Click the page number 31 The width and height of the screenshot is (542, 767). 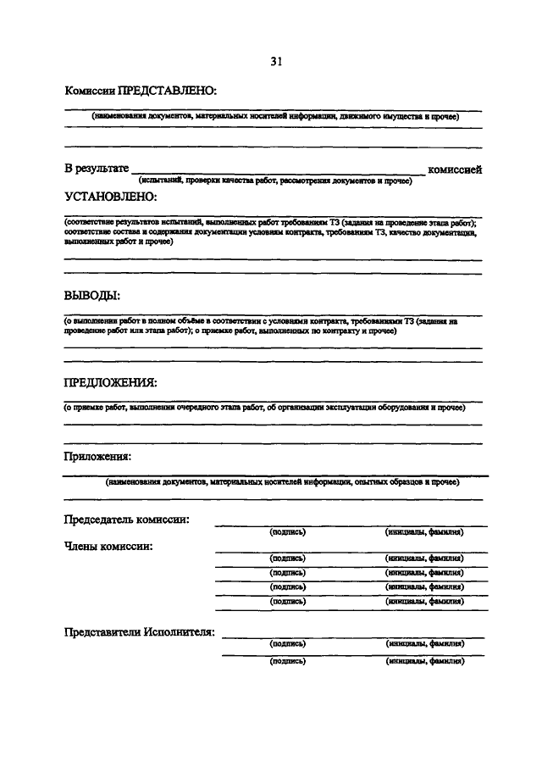276,61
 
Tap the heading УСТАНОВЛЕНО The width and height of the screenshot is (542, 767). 111,197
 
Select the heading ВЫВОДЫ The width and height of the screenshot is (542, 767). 92,296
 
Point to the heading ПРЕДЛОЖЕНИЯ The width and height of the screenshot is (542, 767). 110,382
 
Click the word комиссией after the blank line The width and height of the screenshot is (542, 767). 455,170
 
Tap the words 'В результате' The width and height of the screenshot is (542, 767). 97,170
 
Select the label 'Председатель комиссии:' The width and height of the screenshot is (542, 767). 126,519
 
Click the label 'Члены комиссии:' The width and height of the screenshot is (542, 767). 108,547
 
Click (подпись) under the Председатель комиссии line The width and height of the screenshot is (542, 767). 287,532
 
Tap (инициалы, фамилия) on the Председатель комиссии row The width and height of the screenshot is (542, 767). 423,532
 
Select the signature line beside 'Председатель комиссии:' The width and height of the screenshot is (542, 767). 339,525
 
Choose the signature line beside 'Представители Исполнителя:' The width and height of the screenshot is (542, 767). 352,637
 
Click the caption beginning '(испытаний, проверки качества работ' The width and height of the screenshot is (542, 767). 275,181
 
